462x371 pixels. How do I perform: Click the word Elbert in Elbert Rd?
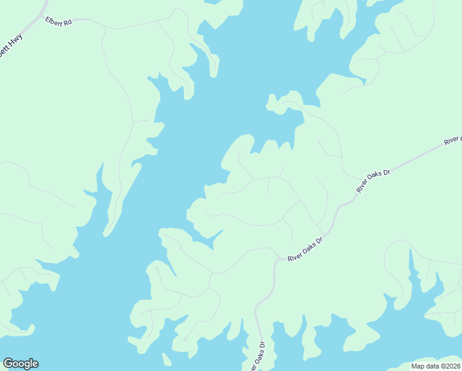pyautogui.click(x=54, y=20)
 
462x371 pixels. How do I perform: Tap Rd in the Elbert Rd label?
pyautogui.click(x=67, y=22)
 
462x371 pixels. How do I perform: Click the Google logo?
pyautogui.click(x=20, y=364)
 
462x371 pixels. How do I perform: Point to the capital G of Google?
pyautogui.click(x=8, y=363)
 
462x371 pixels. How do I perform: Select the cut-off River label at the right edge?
pyautogui.click(x=453, y=140)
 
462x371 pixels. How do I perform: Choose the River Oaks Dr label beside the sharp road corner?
pyautogui.click(x=305, y=248)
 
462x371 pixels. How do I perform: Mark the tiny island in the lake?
pyautogui.click(x=165, y=359)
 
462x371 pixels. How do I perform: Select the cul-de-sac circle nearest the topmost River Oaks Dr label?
pyautogui.click(x=319, y=142)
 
